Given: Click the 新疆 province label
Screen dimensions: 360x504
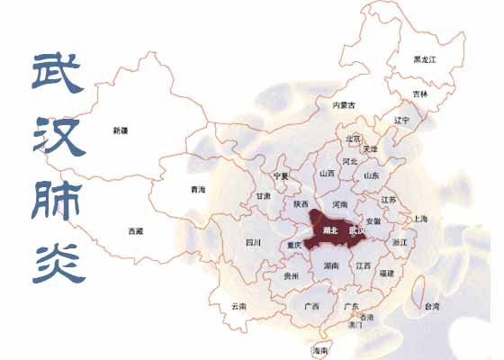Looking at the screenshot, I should pos(121,131).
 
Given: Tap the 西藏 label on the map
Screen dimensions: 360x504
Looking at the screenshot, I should pos(135,231).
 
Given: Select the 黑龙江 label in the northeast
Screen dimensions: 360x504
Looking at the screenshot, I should pos(425,59).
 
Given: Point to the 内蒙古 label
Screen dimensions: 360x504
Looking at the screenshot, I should pos(345,105).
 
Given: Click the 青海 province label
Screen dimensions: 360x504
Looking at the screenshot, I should pos(198,190).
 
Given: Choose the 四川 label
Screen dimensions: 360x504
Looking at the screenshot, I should pos(253,243).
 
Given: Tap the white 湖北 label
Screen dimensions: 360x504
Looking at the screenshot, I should pos(329,230).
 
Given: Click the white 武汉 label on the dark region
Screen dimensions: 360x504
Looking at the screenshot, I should pos(357,230).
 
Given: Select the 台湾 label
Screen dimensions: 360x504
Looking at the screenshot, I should pos(433,307).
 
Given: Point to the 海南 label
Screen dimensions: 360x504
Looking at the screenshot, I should pos(319,350).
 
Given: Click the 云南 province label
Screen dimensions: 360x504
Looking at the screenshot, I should pos(238,306).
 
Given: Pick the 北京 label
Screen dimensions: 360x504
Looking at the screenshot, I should pos(354,139).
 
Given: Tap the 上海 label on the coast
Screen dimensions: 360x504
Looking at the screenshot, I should pos(420,219).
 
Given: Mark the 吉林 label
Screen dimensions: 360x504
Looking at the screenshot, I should pos(420,94).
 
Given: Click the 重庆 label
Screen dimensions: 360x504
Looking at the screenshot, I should pos(294,245).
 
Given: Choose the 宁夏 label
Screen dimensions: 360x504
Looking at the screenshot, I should pos(281,176).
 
